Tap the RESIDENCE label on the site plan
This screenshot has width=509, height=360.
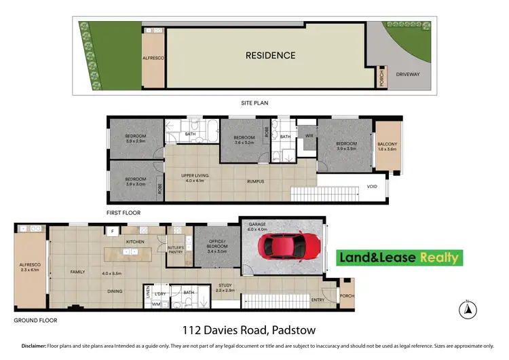coord(270,56)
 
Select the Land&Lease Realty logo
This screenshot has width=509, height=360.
coord(399,257)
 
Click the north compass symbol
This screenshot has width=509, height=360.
coord(467,310)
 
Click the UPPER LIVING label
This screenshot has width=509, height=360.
coord(194,177)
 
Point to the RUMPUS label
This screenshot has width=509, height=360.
coord(255,181)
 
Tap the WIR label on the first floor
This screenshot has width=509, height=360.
coord(309,136)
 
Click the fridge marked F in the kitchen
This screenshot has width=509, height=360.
coord(112,232)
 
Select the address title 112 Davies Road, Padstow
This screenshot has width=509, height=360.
coord(253,331)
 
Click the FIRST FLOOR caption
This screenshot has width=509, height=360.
coord(124,213)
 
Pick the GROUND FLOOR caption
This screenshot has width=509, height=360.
coord(36,320)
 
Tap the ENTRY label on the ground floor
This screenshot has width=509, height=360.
coord(318,299)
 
